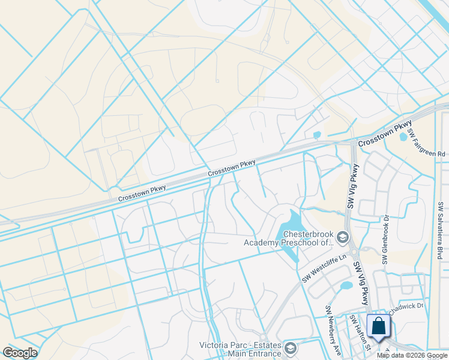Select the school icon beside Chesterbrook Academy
[343, 238]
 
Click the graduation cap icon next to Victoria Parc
[291, 348]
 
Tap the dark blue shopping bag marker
[378, 328]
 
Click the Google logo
[20, 353]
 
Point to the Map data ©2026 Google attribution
[412, 355]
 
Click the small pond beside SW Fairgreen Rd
[403, 136]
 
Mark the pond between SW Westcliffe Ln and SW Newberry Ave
[346, 287]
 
